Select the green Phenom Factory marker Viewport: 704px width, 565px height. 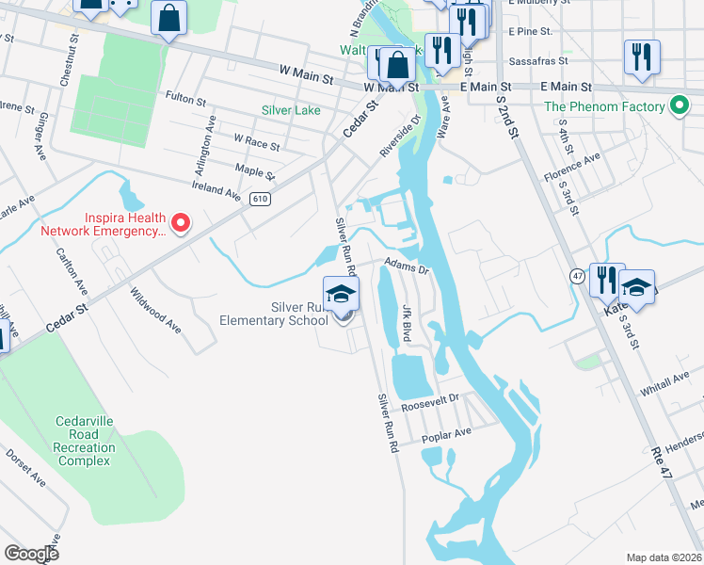677,106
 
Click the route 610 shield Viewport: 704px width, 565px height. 260,198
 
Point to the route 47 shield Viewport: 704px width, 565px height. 577,274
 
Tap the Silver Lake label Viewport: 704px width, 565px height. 291,110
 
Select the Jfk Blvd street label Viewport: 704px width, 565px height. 407,321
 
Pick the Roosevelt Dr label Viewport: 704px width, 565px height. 428,402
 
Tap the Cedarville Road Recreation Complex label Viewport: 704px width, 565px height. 86,435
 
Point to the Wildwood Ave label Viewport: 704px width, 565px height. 155,310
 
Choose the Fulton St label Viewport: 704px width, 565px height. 185,96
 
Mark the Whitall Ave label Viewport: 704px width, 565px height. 664,379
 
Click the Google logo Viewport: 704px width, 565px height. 31,553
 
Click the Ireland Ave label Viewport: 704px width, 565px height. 217,191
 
